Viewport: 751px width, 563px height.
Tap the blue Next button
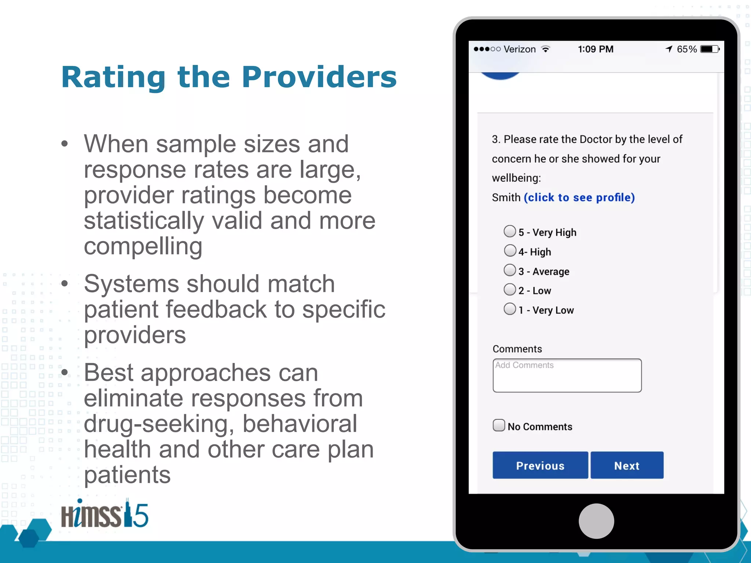point(627,465)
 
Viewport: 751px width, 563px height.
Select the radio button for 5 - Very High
point(510,231)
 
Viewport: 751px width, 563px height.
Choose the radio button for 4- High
point(510,251)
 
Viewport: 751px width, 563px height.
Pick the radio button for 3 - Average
point(510,270)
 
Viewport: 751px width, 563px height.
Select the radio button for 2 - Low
point(510,290)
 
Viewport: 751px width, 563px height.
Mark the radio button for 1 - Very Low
point(510,309)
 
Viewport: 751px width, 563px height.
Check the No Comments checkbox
point(499,425)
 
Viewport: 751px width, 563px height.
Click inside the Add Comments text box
point(567,376)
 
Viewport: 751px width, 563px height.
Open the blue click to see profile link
point(579,198)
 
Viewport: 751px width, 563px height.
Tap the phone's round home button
point(596,521)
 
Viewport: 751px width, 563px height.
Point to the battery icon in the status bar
point(710,49)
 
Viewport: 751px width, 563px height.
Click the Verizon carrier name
point(520,49)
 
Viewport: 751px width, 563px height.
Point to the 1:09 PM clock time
point(596,49)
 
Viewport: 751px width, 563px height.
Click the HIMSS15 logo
point(105,514)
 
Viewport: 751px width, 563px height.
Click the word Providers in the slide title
point(319,77)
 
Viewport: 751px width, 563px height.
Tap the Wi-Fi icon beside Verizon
point(546,49)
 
